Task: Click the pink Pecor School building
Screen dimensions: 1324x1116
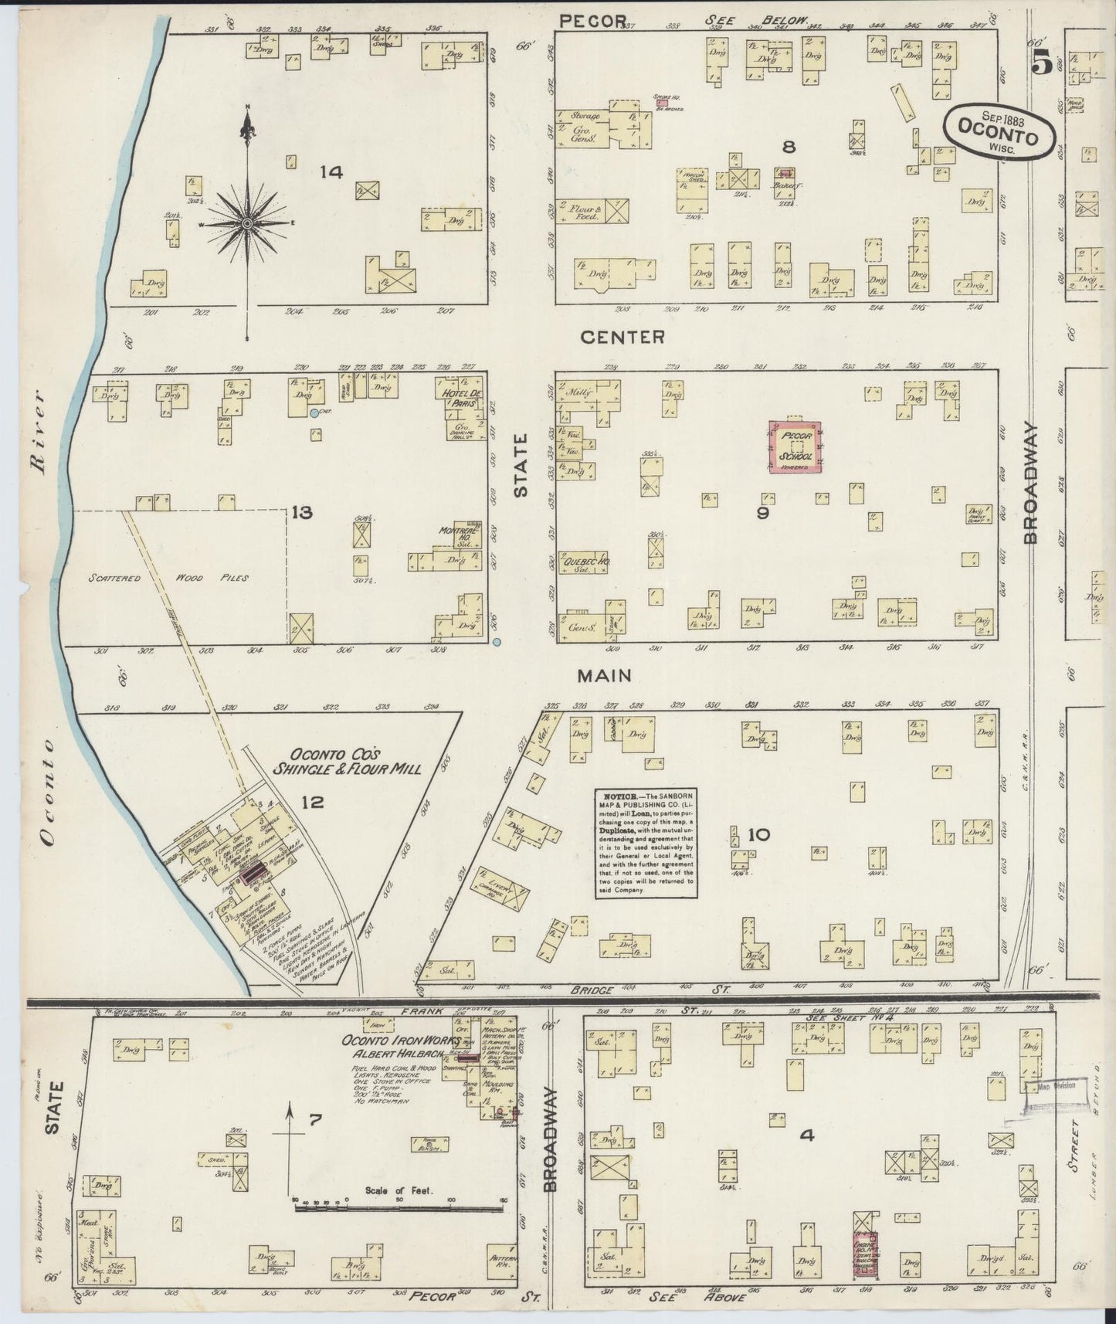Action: point(795,446)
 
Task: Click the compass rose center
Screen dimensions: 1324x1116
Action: point(247,223)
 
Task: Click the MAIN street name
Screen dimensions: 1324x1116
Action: point(604,676)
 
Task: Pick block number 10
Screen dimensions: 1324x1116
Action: point(758,834)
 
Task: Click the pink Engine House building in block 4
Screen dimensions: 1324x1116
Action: point(865,1251)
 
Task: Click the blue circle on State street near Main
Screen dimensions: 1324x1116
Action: point(497,641)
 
